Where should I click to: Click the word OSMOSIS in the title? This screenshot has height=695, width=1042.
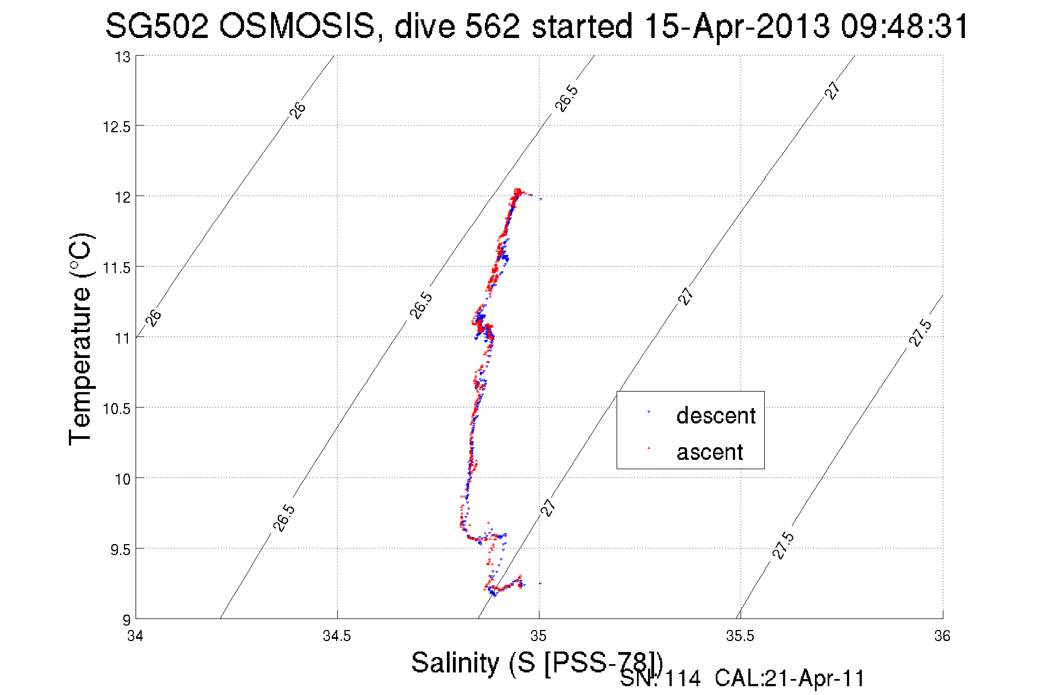click(x=296, y=26)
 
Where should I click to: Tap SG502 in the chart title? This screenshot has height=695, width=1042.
click(x=157, y=26)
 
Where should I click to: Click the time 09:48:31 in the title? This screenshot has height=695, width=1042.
click(x=905, y=26)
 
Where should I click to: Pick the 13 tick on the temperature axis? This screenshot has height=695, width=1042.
click(x=123, y=57)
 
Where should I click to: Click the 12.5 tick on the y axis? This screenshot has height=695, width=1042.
click(x=116, y=127)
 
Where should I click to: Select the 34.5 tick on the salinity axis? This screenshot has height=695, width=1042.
click(x=337, y=636)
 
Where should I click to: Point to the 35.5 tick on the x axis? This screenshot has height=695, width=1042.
click(x=740, y=636)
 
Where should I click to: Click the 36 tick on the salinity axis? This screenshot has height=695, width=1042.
click(x=942, y=636)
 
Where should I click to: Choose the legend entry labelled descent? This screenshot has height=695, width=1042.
click(x=716, y=416)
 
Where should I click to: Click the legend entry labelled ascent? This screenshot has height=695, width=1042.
click(x=710, y=452)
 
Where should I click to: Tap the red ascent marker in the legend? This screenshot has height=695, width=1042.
click(x=649, y=448)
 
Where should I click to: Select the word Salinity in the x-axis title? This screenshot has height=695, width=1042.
click(x=455, y=663)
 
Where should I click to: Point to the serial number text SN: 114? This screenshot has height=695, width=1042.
click(x=660, y=678)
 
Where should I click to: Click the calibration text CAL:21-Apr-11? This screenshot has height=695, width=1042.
click(x=790, y=678)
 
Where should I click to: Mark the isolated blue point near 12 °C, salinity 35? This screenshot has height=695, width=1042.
click(x=541, y=199)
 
